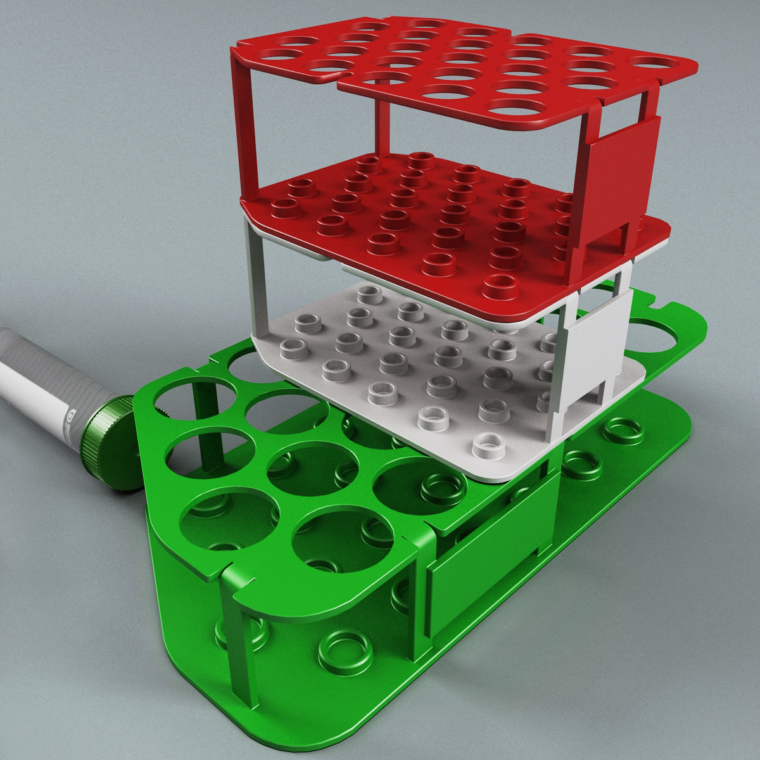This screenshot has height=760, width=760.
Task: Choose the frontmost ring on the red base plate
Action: (x=500, y=282)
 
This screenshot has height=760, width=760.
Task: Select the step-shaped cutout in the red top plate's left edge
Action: (x=336, y=79)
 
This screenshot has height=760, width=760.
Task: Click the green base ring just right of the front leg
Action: (x=333, y=680)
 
